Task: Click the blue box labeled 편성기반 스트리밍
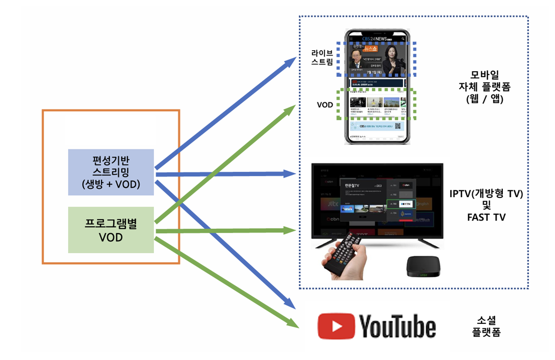(111, 172)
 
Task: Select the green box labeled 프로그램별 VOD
(111, 230)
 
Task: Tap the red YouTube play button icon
(336, 326)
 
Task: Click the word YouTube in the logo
(397, 327)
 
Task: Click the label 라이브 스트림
(322, 58)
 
